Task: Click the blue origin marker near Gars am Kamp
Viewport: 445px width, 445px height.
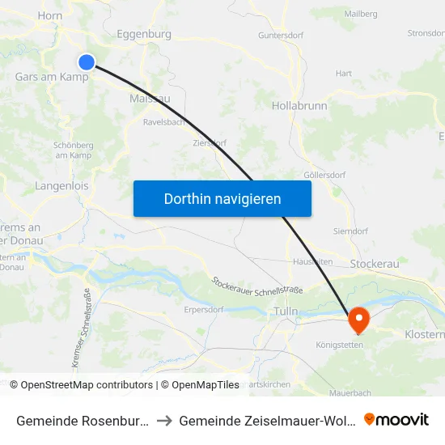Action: pos(87,62)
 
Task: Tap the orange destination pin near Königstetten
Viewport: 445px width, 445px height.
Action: pos(357,319)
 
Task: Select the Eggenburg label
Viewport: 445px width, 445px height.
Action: pos(144,35)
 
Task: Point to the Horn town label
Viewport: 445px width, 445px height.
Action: pos(49,15)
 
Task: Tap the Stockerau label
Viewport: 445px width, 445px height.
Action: pos(375,264)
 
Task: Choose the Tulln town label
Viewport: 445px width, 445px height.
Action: pos(286,311)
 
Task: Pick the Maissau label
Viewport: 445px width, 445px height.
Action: pos(150,99)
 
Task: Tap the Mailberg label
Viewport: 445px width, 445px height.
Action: pos(360,14)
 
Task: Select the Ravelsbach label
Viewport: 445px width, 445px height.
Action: pos(163,122)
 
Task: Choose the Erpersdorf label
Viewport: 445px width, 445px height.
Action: pos(203,309)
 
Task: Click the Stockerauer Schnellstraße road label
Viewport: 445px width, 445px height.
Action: pos(256,286)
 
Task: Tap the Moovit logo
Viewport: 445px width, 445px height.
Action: pos(396,419)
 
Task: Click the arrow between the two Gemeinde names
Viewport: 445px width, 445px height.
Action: pos(165,420)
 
